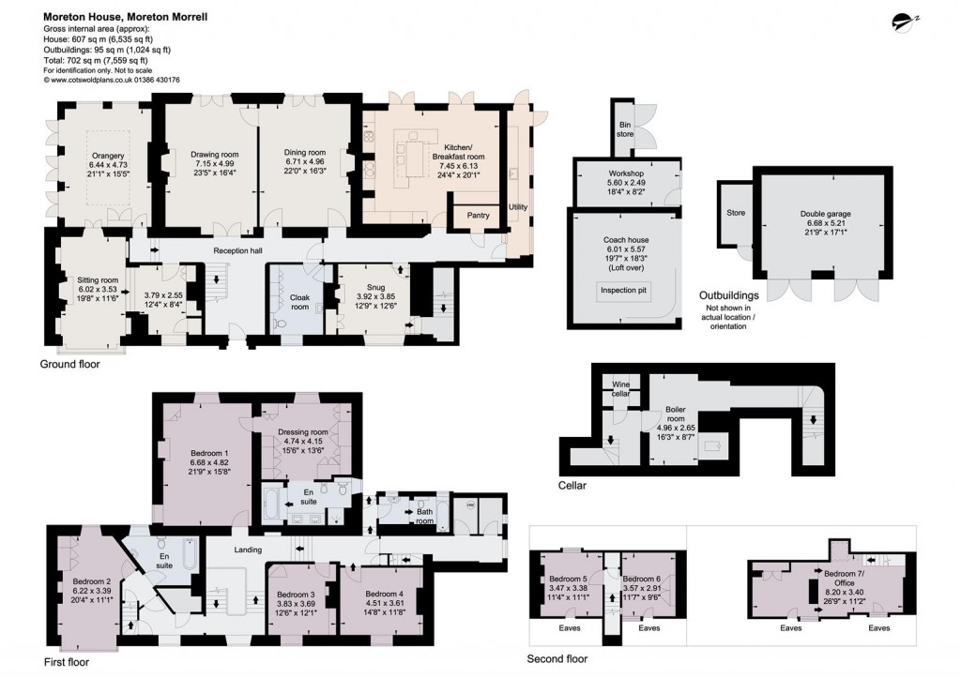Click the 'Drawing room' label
tap(215, 155)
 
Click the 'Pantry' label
tap(479, 216)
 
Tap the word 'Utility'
tap(518, 206)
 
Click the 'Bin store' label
tap(625, 129)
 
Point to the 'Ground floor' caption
tap(69, 365)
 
